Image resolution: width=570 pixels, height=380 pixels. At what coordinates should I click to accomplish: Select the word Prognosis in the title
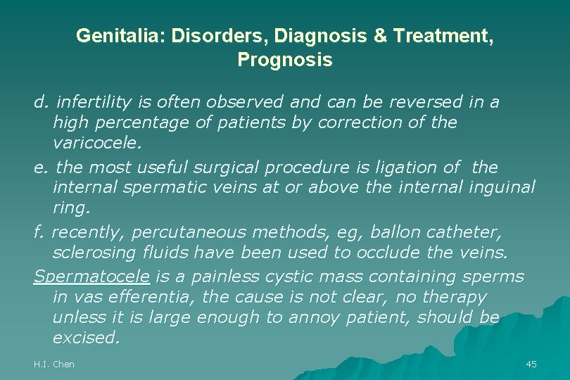click(x=284, y=61)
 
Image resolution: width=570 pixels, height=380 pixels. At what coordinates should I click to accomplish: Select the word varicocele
click(x=97, y=144)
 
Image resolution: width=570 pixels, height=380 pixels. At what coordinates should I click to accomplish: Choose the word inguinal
click(x=501, y=188)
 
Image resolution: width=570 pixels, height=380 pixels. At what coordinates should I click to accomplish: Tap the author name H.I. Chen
click(x=54, y=364)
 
